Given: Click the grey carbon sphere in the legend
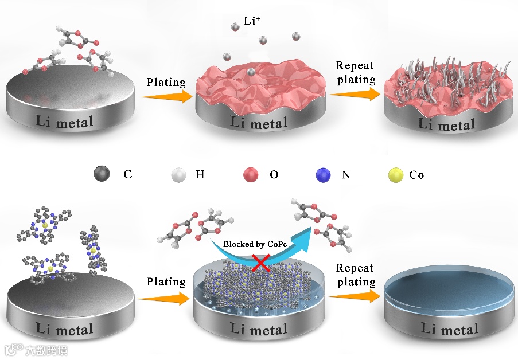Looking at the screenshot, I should click(x=102, y=174).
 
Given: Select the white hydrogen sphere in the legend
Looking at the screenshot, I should click(x=180, y=174).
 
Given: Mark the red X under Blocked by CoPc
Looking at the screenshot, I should click(x=262, y=263).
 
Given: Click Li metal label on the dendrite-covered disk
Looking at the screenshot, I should click(x=447, y=124).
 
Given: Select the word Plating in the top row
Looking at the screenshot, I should click(x=166, y=82).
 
